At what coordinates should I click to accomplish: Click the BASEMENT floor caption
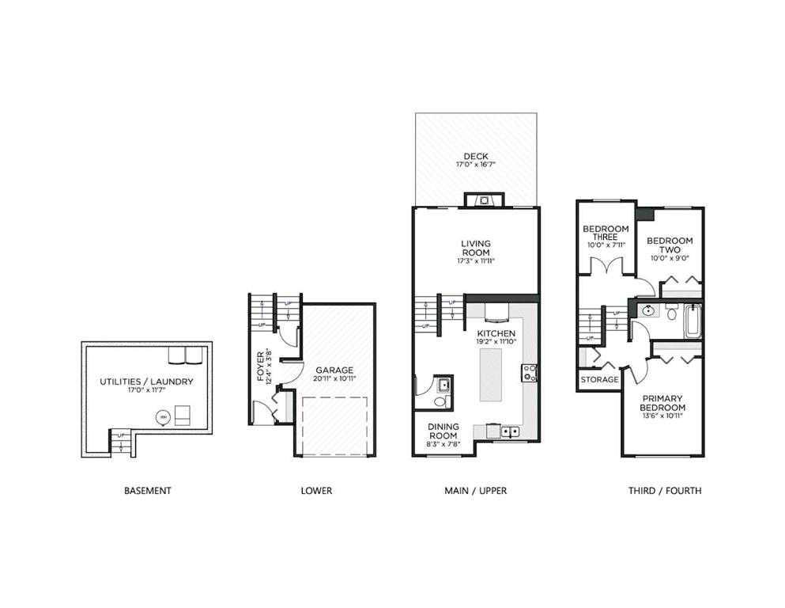(147, 491)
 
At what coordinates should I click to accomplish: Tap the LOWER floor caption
(316, 491)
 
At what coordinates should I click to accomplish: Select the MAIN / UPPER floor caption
(475, 491)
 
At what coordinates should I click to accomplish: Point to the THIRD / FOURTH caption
(664, 491)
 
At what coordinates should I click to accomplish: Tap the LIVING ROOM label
(475, 247)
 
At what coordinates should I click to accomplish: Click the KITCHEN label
(496, 333)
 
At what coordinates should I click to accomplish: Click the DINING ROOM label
(443, 431)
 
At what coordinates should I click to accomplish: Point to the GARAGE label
(334, 370)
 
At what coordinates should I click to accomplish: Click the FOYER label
(262, 366)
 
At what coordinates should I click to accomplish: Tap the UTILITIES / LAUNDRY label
(146, 382)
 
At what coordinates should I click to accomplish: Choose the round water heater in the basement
(164, 417)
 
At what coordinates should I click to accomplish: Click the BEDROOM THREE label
(606, 233)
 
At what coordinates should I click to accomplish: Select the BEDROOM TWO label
(670, 245)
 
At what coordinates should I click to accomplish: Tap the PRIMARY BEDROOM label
(662, 402)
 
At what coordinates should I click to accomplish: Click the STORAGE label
(599, 380)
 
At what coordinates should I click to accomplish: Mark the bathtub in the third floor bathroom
(693, 321)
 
